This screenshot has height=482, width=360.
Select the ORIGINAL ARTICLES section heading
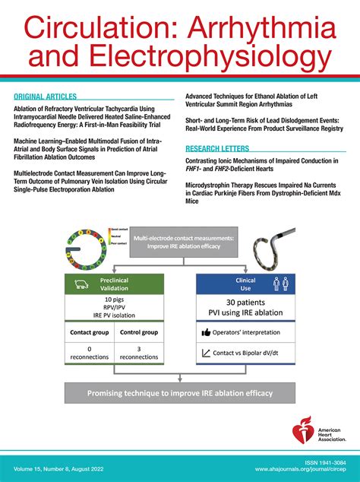click(45, 97)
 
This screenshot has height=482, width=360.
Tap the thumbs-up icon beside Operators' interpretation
click(206, 332)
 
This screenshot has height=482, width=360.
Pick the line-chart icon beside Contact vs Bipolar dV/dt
click(206, 353)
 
